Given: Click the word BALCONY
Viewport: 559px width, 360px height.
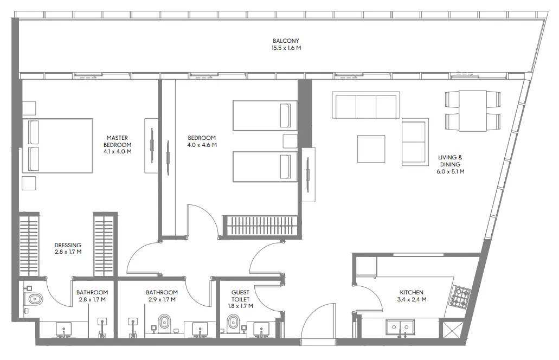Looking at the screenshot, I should (286, 41).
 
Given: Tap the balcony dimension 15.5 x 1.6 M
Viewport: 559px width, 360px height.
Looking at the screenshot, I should (286, 48).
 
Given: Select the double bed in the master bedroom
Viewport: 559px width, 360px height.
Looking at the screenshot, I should (57, 145).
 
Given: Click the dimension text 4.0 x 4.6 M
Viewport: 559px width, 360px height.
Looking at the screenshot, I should (202, 145).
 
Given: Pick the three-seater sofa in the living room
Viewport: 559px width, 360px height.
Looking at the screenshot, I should (366, 106).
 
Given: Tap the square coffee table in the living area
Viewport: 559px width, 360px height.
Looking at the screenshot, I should (371, 149).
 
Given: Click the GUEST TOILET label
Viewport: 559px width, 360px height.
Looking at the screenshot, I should (240, 295).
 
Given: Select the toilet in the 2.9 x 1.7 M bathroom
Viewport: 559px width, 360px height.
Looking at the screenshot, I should (164, 323).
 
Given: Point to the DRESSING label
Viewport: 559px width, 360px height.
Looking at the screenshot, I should (68, 245).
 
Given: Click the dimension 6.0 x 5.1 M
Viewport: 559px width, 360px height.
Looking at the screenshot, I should (451, 171).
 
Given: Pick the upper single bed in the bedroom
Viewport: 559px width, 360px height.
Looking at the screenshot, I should (265, 115).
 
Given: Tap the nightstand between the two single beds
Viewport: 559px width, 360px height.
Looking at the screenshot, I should (290, 141).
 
